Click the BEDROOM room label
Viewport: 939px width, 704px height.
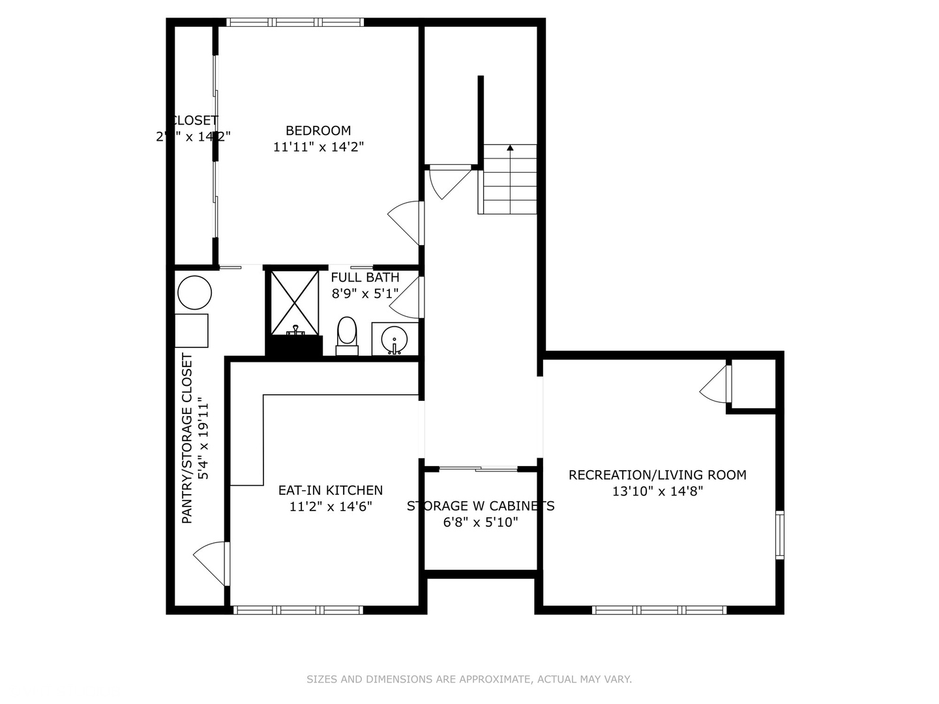pos(318,130)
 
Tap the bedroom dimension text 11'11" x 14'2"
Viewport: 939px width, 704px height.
pos(318,147)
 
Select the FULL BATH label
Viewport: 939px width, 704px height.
pos(365,277)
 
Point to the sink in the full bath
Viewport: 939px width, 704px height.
pos(395,339)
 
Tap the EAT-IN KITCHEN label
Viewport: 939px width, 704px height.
pos(331,490)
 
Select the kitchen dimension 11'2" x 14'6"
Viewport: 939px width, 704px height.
pos(331,506)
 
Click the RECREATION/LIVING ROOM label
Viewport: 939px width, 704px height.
pos(657,475)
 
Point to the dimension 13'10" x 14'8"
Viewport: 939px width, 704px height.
pos(657,491)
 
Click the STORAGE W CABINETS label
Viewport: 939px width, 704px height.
pos(481,506)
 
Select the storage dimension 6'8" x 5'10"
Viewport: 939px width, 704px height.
pos(481,522)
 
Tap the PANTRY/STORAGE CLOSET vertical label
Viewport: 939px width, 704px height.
pos(187,438)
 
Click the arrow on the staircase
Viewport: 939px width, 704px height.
pos(510,148)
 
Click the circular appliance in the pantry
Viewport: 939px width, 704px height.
pos(194,293)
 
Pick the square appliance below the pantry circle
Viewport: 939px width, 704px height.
pos(192,330)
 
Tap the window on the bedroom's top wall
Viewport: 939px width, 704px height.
pos(295,22)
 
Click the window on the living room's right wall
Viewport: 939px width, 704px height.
pos(779,535)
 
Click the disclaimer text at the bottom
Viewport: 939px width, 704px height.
pos(469,679)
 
